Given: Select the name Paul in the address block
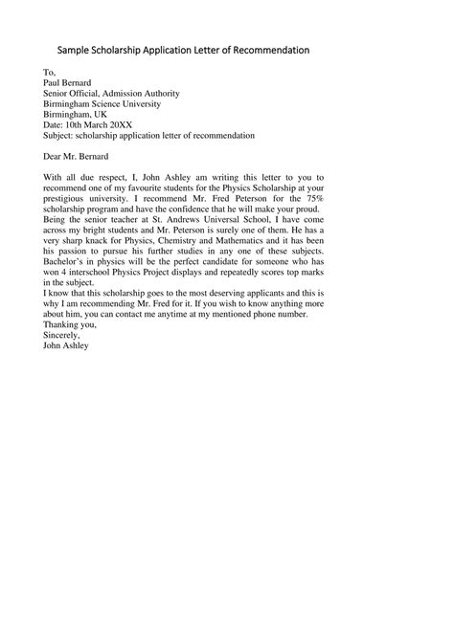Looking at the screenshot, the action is tap(54, 83).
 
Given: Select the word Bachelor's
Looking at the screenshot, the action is tap(66, 263).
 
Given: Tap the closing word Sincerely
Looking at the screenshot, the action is tap(63, 336).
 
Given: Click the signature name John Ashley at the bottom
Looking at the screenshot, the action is tap(66, 346).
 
